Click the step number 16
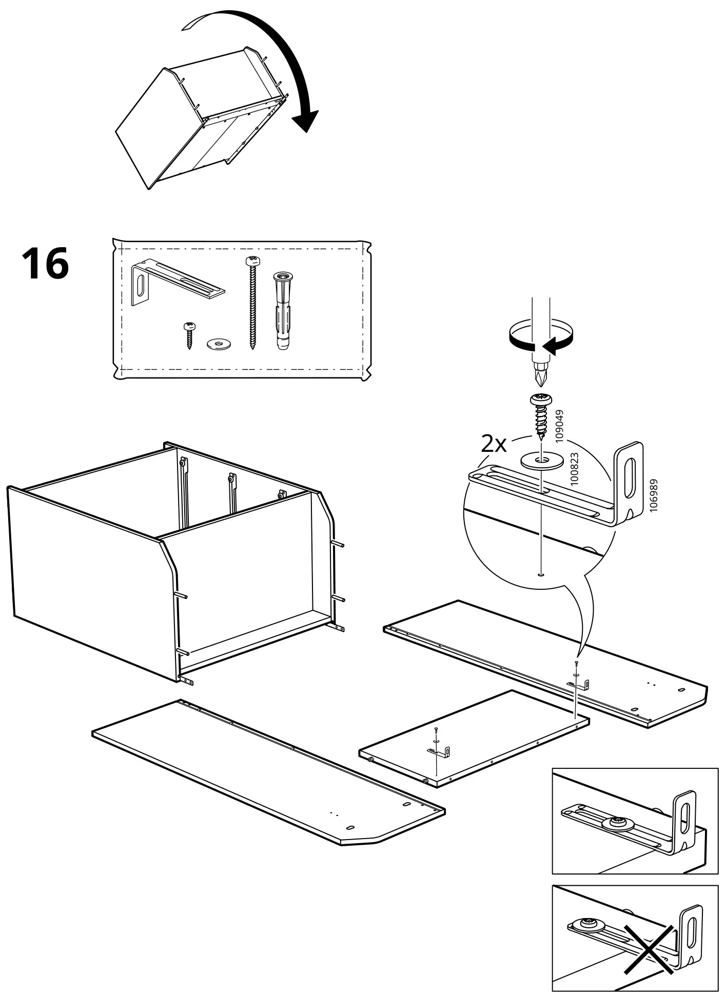point(45,264)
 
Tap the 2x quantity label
point(494,444)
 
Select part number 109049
point(559,426)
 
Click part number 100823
point(574,469)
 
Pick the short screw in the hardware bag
point(189,335)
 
